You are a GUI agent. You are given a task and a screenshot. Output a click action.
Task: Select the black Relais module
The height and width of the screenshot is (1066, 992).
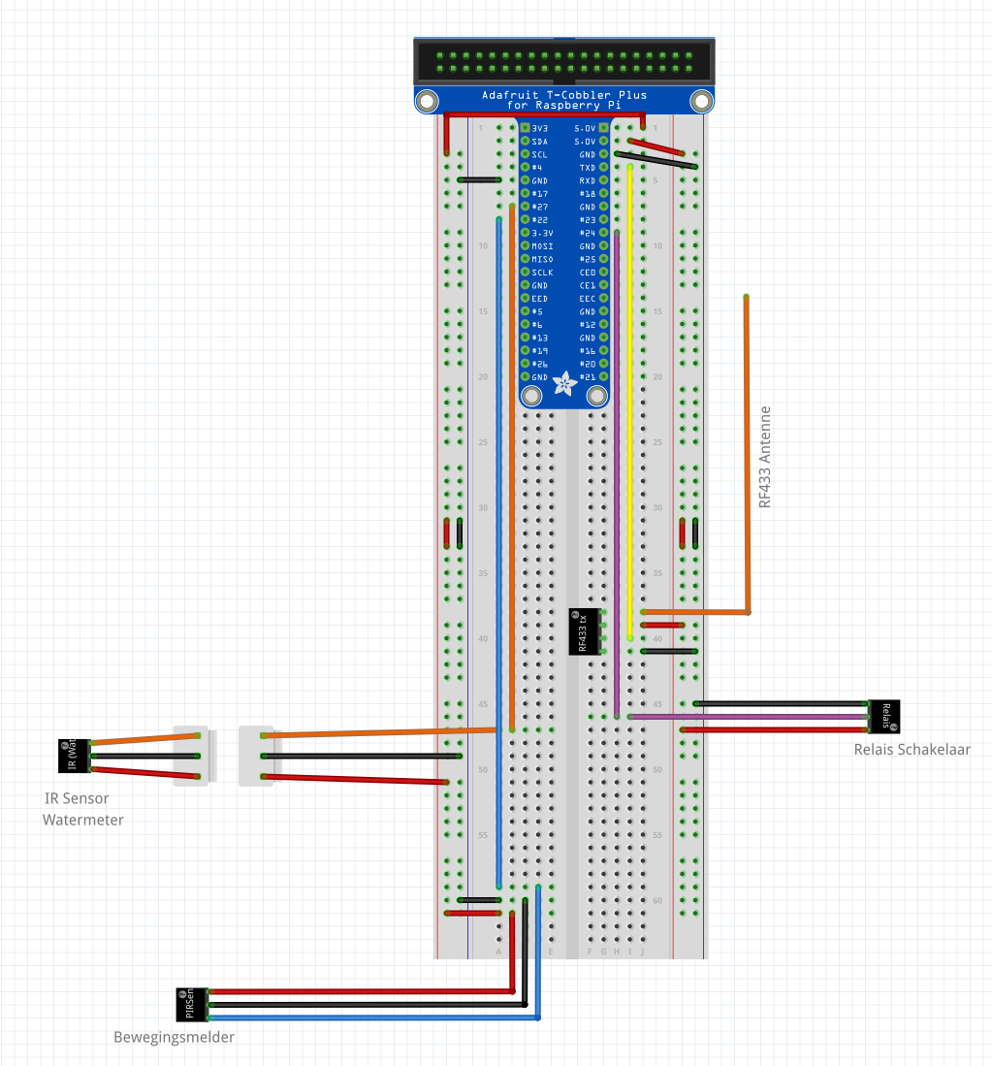point(884,716)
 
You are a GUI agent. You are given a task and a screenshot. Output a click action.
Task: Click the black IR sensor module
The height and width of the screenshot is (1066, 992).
point(74,756)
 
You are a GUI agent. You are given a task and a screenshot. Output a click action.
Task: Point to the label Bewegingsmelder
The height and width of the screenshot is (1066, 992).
point(174,1037)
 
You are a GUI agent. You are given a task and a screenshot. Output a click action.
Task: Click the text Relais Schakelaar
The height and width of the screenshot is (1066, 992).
point(912,749)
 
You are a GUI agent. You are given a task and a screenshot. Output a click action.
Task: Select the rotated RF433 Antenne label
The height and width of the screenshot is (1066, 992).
point(765,457)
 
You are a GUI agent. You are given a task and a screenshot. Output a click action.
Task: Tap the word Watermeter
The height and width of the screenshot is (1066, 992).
point(82,820)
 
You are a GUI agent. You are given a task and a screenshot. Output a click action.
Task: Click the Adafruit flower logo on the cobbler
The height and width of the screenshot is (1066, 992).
point(563,385)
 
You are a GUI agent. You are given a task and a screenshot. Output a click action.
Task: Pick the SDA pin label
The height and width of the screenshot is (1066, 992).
point(540,142)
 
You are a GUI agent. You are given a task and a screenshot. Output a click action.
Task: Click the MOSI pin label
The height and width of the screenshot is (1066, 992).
point(542,246)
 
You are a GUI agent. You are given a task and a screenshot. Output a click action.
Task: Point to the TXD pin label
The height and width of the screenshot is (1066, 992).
point(587,168)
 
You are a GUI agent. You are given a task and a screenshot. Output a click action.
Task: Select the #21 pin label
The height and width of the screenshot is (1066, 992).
point(587,377)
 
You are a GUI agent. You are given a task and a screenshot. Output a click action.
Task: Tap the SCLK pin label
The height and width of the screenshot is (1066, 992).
point(542,273)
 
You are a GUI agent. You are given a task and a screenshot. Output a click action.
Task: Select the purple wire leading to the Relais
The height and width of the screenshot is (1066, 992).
point(747,716)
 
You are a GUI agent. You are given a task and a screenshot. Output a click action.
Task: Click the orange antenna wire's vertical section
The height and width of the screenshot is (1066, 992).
point(747,456)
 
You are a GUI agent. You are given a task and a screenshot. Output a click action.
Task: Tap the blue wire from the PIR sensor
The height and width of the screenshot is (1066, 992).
point(538,960)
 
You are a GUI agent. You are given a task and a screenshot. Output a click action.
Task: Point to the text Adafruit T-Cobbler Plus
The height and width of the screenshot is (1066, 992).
point(563,95)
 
